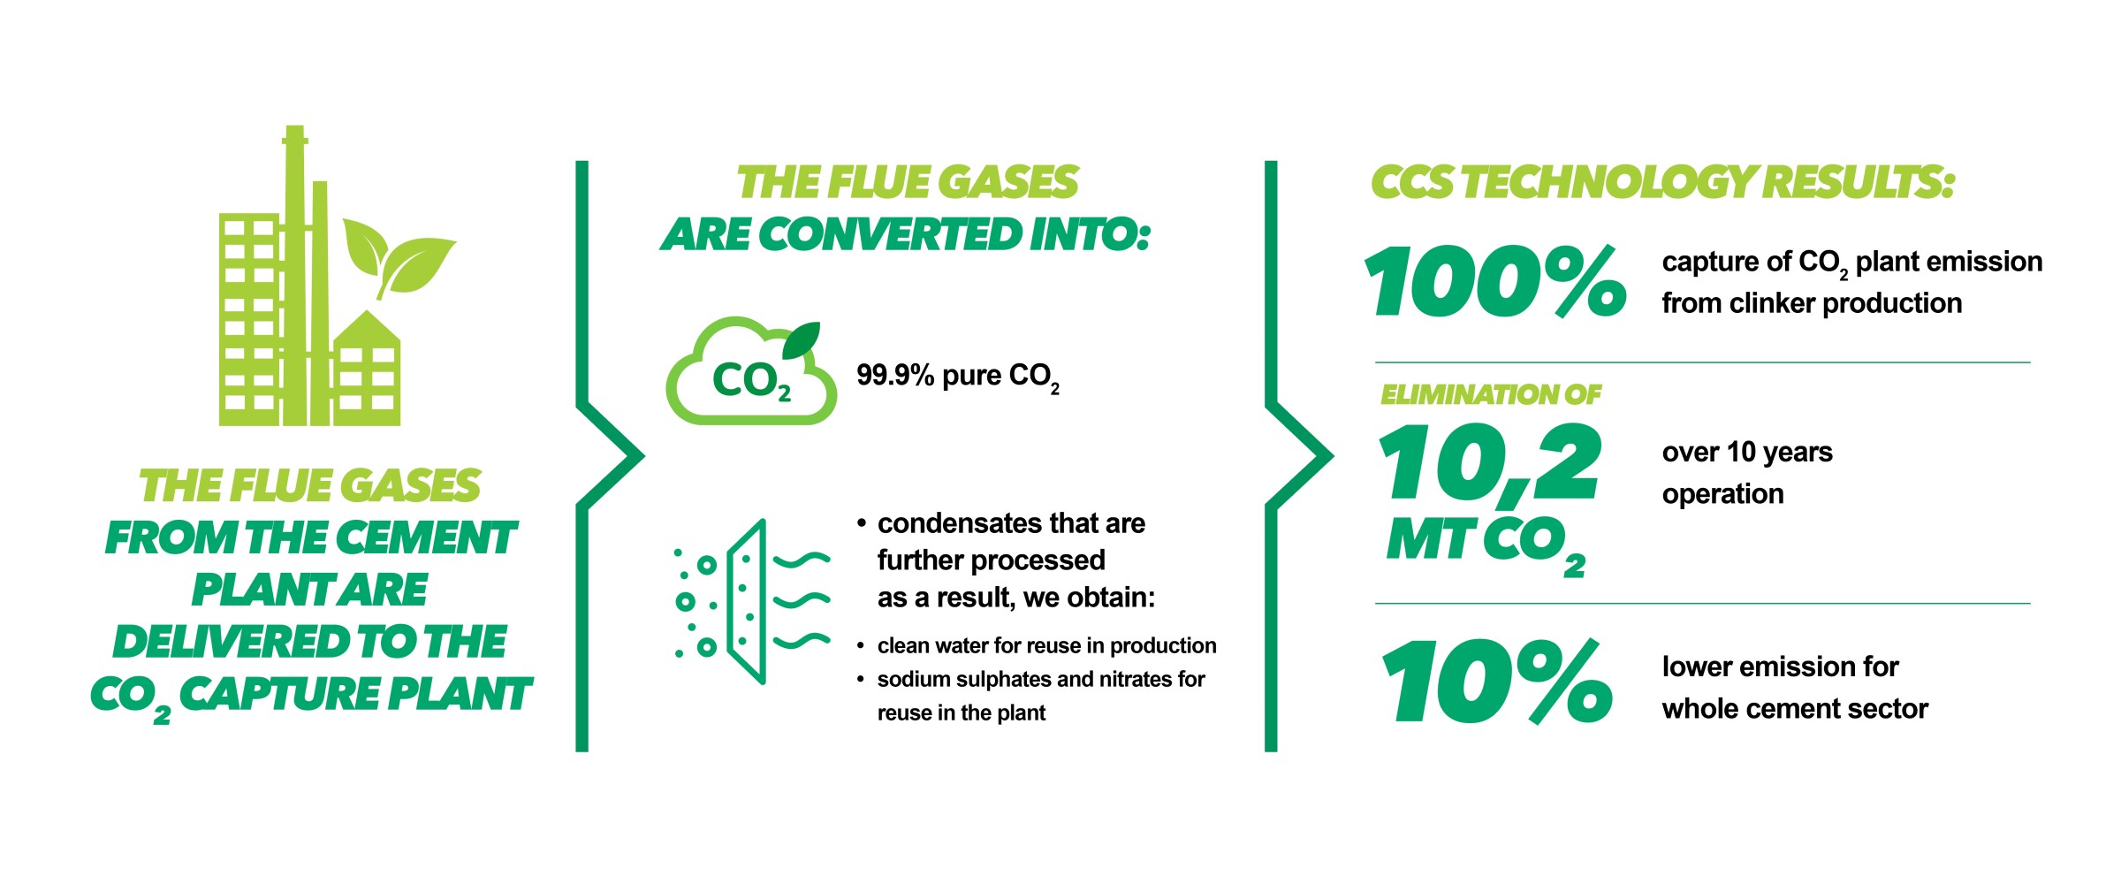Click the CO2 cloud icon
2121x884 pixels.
coord(749,376)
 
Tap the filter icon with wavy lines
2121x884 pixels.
coord(751,601)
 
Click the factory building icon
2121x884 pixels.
coord(309,318)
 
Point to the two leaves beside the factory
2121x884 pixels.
coord(398,256)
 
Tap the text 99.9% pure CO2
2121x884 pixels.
coord(957,377)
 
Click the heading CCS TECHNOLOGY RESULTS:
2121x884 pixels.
coord(1661,182)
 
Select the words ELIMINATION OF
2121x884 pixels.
coord(1490,394)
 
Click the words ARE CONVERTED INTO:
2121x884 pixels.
coord(906,235)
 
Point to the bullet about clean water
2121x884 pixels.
coord(1046,646)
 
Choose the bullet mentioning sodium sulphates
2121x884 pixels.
coord(1040,680)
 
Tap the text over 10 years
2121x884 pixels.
coord(1746,453)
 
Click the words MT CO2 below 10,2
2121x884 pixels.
coord(1485,542)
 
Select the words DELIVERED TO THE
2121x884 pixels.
coord(309,642)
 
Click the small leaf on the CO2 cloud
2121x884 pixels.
coord(802,340)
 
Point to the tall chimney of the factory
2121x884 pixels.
coord(294,265)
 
